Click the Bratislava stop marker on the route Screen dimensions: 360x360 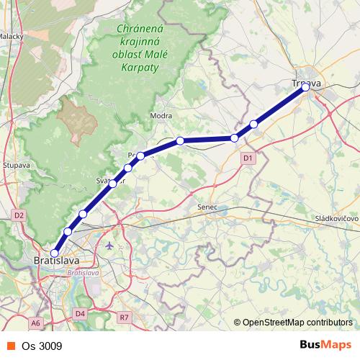(x=54, y=253)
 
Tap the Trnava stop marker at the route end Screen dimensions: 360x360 (x=305, y=87)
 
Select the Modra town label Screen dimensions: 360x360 (x=159, y=115)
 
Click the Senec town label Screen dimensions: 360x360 (x=207, y=207)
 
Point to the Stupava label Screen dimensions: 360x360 (x=15, y=165)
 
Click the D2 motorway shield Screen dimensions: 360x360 (x=19, y=215)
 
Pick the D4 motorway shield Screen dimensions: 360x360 (x=80, y=313)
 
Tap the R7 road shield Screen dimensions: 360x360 (x=125, y=317)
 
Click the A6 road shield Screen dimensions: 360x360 (x=35, y=323)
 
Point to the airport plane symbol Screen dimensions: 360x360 (x=109, y=246)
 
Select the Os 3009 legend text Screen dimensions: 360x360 (x=42, y=346)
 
